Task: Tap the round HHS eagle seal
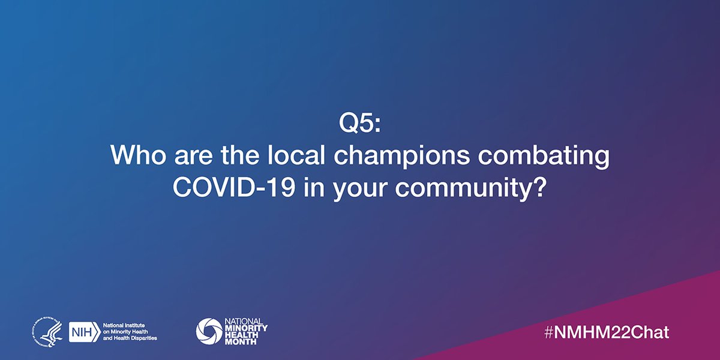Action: tap(47, 330)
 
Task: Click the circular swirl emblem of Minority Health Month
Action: tap(209, 330)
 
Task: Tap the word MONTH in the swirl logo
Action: tap(245, 341)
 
